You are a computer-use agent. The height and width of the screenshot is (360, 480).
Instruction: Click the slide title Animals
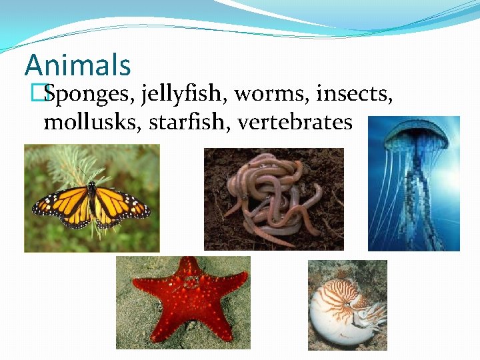[78, 65]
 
